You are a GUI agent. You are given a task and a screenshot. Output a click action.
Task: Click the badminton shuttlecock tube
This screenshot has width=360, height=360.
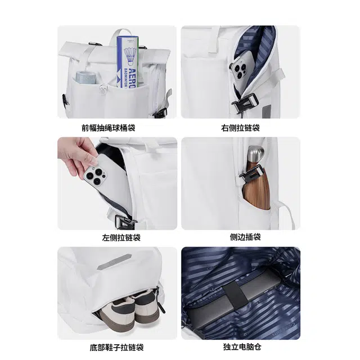pyautogui.click(x=128, y=62)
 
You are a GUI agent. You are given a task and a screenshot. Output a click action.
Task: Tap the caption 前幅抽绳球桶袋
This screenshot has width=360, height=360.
pyautogui.click(x=108, y=128)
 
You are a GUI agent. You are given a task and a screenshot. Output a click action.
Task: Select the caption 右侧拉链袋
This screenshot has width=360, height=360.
pyautogui.click(x=240, y=128)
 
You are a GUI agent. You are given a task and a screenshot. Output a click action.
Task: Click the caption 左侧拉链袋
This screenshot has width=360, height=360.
pyautogui.click(x=121, y=237)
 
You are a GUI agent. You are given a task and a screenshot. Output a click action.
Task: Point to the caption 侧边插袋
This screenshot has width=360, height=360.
pyautogui.click(x=245, y=237)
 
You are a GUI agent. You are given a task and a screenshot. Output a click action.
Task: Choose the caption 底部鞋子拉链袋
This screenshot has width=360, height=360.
pyautogui.click(x=116, y=347)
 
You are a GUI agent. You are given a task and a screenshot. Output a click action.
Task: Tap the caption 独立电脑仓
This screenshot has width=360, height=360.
pyautogui.click(x=242, y=346)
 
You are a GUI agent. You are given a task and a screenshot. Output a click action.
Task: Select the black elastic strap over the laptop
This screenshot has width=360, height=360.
pyautogui.click(x=236, y=295)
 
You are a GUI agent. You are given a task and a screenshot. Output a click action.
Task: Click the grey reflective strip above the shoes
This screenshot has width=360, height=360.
pyautogui.click(x=114, y=262)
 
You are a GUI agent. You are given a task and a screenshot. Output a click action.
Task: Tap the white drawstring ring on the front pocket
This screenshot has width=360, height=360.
pyautogui.click(x=103, y=89)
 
